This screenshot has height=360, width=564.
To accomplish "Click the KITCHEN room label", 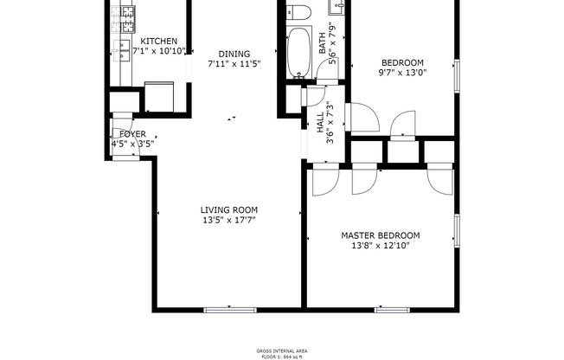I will coord(159,41).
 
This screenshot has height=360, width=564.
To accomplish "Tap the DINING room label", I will coord(234,53).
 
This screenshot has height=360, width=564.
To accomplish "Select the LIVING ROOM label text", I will coord(229,209).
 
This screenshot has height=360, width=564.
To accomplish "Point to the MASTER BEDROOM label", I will coord(381,235).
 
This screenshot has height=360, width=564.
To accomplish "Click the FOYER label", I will coord(132,134).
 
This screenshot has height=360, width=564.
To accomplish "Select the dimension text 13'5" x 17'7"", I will coord(229,220).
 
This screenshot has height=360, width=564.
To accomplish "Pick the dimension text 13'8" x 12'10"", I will coord(381,246).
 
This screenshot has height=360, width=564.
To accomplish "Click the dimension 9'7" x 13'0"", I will coord(403,73).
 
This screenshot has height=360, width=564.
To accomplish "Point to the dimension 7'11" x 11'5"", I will coord(234,63).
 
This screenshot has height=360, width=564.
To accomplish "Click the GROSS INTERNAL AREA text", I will coord(281,350).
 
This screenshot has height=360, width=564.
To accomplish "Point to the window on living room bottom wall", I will coord(229,309).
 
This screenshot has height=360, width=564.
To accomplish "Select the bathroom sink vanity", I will coord(338,7).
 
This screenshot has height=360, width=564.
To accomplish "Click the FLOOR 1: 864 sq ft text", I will coord(281,356).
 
